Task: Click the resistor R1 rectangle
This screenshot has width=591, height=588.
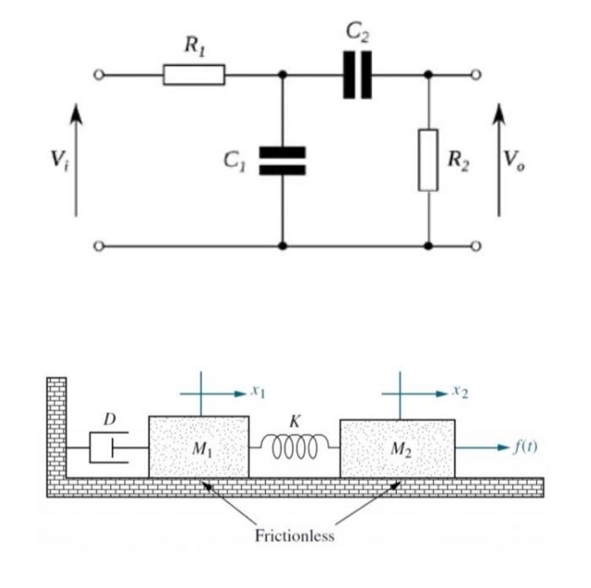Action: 193,76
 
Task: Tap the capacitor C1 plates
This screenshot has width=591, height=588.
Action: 282,160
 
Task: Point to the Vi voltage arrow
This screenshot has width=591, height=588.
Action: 77,160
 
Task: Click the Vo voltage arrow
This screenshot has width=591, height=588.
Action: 498,160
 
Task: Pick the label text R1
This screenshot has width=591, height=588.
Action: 194,47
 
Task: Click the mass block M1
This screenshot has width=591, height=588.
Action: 199,446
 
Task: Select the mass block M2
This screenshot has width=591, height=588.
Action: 397,446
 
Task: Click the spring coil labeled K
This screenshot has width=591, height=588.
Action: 294,445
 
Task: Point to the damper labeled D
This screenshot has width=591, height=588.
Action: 109,445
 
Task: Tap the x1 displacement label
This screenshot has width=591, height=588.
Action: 258,393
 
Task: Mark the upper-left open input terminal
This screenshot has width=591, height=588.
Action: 99,76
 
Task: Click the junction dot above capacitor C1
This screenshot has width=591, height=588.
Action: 282,76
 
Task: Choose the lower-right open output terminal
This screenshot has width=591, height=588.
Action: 476,245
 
